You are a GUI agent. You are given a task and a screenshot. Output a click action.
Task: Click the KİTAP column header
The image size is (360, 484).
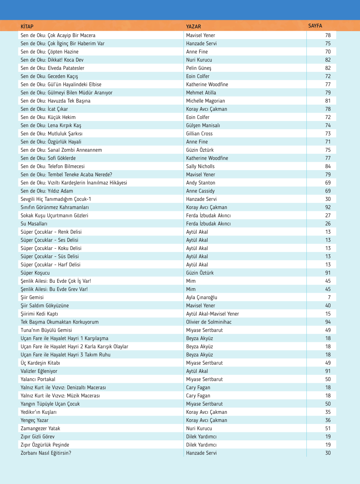27,27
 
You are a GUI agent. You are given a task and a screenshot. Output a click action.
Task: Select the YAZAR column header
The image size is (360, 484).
193,27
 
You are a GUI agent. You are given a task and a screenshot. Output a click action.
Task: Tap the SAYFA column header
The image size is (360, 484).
315,26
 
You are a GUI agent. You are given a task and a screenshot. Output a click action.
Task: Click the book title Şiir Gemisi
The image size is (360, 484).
32,298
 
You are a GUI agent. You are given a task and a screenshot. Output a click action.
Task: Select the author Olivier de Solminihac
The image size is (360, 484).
209,322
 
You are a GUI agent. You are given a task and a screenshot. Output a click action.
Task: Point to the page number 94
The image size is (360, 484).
328,322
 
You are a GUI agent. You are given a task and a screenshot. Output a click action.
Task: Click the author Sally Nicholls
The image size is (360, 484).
200,166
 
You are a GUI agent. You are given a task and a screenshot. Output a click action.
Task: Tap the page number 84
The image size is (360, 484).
328,166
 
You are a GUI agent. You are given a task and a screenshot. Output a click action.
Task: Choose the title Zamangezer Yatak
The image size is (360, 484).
40,428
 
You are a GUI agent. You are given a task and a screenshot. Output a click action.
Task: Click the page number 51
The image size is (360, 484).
328,428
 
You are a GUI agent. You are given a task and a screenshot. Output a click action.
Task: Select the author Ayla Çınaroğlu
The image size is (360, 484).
201,298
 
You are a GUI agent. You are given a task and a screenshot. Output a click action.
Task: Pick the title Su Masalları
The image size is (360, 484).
34,224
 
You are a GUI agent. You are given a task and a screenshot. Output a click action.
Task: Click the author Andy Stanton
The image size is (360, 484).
201,183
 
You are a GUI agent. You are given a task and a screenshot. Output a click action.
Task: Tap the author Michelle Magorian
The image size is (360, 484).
205,101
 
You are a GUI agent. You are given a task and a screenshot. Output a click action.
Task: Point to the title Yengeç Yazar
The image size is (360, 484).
35,420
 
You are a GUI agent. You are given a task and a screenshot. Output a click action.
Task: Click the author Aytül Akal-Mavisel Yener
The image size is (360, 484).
212,314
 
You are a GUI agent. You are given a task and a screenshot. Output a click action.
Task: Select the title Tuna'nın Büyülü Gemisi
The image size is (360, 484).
46,330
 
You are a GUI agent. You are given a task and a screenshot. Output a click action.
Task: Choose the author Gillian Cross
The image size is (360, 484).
199,134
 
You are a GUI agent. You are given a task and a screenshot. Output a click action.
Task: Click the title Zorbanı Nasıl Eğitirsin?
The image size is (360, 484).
46,453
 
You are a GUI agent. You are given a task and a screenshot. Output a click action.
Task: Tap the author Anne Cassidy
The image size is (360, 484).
200,191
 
